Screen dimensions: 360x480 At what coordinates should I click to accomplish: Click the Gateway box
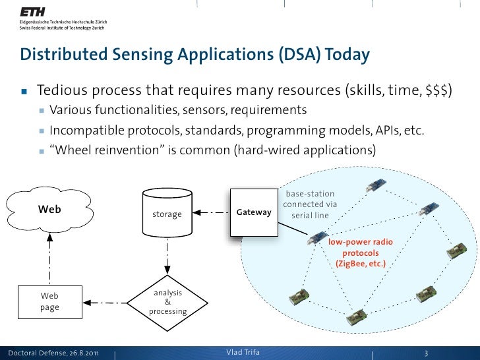coord(253,212)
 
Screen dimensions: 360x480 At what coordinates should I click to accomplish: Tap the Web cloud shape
coord(50,210)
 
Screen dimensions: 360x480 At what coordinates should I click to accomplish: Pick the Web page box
coord(50,302)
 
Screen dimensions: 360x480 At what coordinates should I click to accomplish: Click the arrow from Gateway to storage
coord(212,213)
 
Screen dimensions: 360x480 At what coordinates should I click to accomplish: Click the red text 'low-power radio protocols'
coord(361,247)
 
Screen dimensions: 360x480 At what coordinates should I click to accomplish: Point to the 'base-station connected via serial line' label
coord(310,205)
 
